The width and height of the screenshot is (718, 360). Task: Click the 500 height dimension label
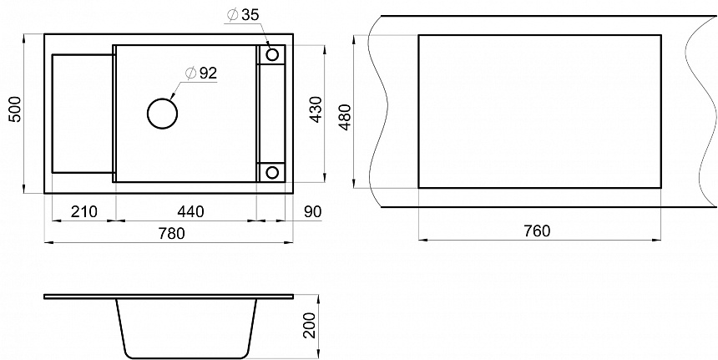tap(16, 109)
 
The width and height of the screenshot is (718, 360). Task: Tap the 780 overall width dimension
tap(171, 233)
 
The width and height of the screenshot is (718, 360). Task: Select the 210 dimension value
tap(84, 211)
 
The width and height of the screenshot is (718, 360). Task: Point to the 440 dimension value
tap(190, 211)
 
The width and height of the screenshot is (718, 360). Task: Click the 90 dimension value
tap(313, 211)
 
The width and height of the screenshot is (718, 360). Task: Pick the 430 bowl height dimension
tap(316, 109)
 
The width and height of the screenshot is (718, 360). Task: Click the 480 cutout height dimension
tap(345, 117)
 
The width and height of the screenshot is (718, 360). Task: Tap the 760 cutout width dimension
tap(537, 231)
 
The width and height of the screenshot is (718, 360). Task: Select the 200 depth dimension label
tap(311, 325)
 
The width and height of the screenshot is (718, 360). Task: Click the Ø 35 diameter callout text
tap(243, 15)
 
